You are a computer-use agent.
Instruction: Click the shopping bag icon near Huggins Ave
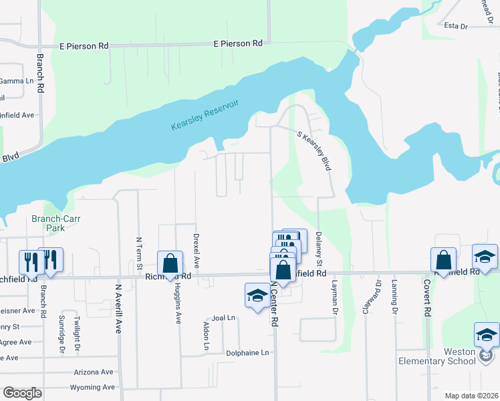pos(170,263)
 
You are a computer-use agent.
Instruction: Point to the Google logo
pos(22,393)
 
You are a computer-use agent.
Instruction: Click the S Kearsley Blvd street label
pos(314,150)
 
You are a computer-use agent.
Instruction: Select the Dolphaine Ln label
pos(247,352)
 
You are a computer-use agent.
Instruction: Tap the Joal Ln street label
pos(223,317)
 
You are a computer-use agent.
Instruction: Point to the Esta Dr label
pos(455,26)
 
